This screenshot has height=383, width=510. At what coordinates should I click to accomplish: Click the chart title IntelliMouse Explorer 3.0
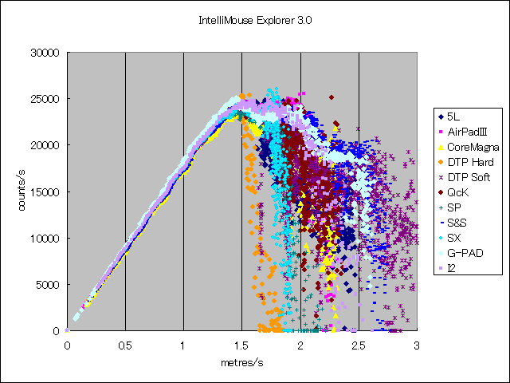click(255, 21)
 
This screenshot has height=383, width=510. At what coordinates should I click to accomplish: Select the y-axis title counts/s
click(22, 191)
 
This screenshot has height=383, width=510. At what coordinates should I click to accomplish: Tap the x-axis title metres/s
click(242, 362)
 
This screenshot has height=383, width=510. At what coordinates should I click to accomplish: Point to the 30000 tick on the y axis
click(45, 53)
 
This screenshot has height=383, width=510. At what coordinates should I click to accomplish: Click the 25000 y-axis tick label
click(45, 99)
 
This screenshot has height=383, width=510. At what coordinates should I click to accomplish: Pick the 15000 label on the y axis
click(45, 192)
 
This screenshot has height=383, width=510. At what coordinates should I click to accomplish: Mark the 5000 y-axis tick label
click(48, 285)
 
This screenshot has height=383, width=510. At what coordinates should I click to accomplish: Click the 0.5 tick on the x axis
click(125, 345)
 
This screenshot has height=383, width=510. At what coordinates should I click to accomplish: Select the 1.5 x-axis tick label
click(241, 345)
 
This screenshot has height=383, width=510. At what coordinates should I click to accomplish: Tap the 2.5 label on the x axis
click(359, 345)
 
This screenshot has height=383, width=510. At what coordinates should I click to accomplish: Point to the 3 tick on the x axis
click(417, 345)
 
